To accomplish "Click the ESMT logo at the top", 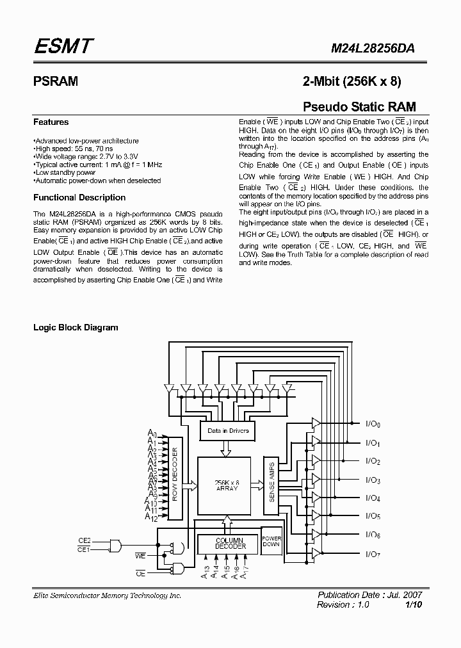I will [64, 46].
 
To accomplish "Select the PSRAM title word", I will [56, 81].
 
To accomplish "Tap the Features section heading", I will [51, 122].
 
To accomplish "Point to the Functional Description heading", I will [79, 197].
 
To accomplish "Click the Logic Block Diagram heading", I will [76, 327].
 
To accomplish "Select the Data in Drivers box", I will [228, 430].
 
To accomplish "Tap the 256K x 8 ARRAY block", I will [227, 485].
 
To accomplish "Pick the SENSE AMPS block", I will [271, 482].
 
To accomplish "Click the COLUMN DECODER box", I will [227, 543].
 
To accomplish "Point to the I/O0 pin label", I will [373, 424].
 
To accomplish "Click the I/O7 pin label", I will [373, 554].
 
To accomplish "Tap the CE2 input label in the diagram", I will [85, 540].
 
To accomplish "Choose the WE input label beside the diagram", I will [141, 557].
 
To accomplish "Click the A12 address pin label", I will [150, 516].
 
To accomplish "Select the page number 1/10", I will [414, 604].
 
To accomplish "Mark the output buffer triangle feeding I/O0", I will [316, 423].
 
